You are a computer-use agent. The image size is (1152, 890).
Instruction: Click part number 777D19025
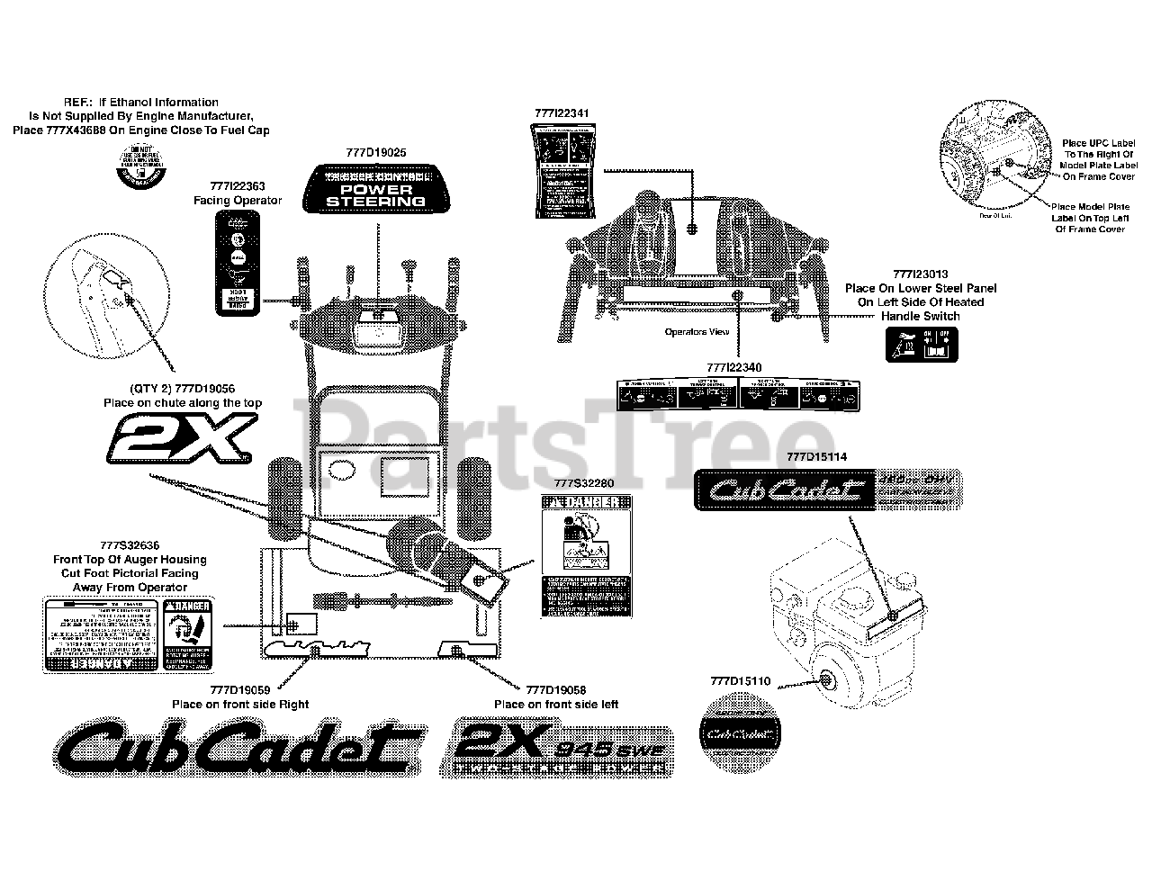coord(375,153)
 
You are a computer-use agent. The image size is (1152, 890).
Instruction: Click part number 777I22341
coord(561,113)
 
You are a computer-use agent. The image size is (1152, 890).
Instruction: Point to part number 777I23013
coord(920,274)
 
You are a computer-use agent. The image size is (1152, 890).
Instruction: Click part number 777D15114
coord(815,457)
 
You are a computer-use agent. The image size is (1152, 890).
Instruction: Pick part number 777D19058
coord(555,690)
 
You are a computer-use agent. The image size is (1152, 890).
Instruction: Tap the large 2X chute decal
coord(180,440)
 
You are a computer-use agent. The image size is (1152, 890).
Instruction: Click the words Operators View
coord(697,332)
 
